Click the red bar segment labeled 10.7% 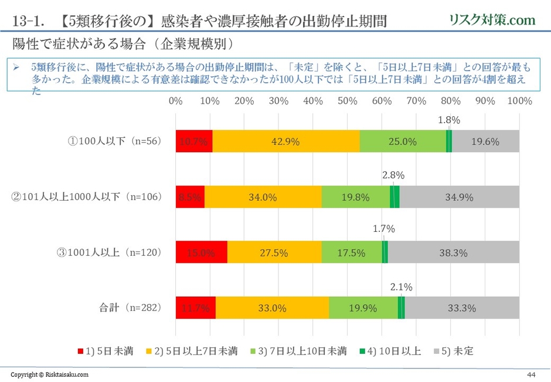tap(194, 141)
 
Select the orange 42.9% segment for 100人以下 tap(286, 141)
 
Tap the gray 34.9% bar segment tap(460, 197)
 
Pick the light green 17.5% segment tap(352, 252)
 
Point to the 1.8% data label tap(449, 120)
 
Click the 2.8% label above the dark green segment tap(393, 175)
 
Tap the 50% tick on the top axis tap(348, 101)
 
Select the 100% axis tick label tap(519, 101)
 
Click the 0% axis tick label tap(175, 101)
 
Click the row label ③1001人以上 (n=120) tap(109, 253)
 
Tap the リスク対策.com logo tap(492, 20)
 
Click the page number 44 tap(532, 374)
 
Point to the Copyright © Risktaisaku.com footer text tap(50, 374)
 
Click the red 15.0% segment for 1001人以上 tap(201, 252)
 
